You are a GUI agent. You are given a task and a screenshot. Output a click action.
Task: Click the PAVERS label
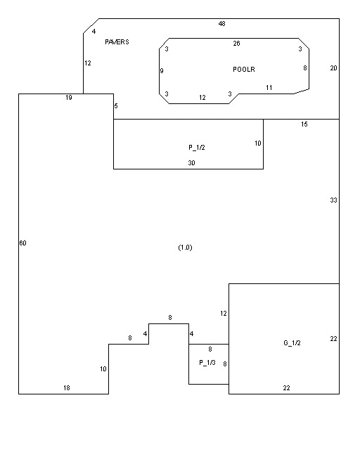coord(117,42)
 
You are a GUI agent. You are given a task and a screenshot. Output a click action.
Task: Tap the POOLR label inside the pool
coord(244,69)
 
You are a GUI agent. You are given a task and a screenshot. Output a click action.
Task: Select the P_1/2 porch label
coord(197,148)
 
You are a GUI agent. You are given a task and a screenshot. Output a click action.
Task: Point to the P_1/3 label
coord(207,363)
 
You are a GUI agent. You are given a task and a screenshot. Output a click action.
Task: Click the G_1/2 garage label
coord(292,342)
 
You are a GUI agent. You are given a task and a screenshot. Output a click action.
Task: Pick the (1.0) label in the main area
coord(185,247)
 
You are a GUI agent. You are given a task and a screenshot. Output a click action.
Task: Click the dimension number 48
coord(222,23)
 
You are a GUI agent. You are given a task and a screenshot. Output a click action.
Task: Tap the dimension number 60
coord(22,243)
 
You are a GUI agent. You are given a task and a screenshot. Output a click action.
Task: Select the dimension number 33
coord(333,200)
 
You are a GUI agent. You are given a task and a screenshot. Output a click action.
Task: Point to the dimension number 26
coord(236,44)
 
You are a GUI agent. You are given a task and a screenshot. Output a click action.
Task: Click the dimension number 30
coord(191,163)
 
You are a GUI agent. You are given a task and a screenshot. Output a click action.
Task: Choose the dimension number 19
coord(69,98)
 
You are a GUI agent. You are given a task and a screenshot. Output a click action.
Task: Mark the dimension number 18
coord(67,388)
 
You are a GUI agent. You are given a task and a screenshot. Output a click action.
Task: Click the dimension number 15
coord(304,124)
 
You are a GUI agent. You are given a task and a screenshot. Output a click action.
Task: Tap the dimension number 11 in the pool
coord(269,87)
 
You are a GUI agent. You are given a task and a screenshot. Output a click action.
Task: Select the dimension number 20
coord(333,68)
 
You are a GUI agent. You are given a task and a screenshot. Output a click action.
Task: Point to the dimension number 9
coord(162,70)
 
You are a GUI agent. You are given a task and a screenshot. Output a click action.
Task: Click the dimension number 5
coord(116,106)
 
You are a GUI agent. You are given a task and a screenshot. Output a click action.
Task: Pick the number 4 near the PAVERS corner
coord(94,32)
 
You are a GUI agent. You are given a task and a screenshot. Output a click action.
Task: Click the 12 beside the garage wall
coord(224,314)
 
